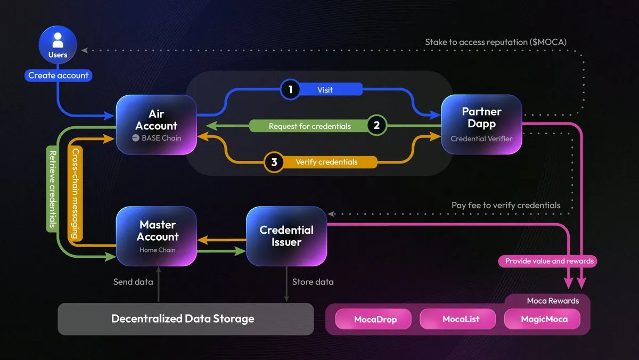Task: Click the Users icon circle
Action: [58, 47]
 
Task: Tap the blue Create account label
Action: [58, 76]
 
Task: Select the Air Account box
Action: [156, 125]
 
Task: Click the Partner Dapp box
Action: [481, 125]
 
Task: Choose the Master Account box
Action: [157, 236]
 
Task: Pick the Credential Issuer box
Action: [286, 236]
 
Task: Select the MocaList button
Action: [461, 320]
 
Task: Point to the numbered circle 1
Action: [290, 89]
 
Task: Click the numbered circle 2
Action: [376, 126]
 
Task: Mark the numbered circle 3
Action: [274, 162]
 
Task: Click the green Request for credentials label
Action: [309, 126]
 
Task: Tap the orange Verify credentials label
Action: [326, 162]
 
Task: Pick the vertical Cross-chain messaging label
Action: [76, 193]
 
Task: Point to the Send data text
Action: [133, 282]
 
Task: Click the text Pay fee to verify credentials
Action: [506, 205]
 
